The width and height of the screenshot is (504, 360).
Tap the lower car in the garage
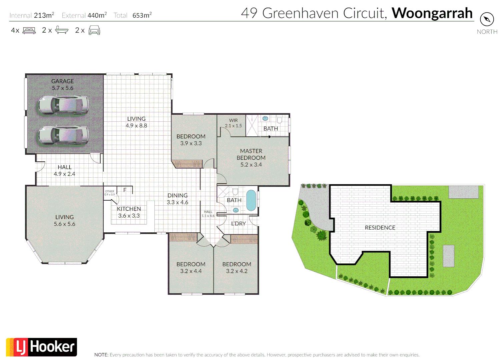[63, 135]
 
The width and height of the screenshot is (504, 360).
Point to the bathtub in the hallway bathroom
[251, 200]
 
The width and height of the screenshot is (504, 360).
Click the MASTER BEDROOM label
[251, 158]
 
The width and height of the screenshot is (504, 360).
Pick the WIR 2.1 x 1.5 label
[233, 123]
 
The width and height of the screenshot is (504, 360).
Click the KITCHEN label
[129, 212]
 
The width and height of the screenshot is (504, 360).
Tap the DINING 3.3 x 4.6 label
[177, 199]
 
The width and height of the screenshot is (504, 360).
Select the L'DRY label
[238, 223]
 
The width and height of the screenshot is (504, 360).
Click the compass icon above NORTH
[487, 19]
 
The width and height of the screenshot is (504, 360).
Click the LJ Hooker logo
[42, 347]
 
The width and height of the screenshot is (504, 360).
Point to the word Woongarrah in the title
[432, 13]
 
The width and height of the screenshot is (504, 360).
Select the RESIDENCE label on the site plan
[380, 228]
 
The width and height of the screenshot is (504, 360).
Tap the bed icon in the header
[29, 30]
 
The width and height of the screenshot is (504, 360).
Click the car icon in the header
[94, 30]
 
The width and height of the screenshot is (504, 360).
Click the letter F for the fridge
[125, 190]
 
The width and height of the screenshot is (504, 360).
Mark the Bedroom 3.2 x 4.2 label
[236, 268]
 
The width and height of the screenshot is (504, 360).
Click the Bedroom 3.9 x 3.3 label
[191, 140]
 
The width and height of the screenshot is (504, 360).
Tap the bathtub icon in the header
[62, 30]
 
